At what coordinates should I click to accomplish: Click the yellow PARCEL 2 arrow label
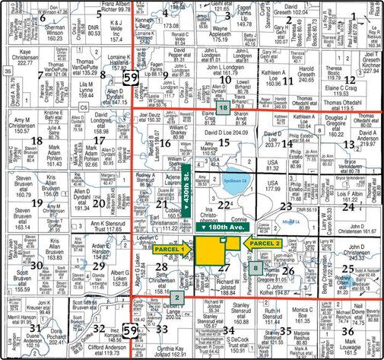[x=264, y=243]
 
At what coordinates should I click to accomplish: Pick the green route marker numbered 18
[x=223, y=110]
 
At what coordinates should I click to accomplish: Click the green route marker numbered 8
[x=255, y=267]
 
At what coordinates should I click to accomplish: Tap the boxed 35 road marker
[x=7, y=71]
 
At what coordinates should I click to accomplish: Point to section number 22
[x=222, y=205]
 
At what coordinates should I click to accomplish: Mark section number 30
[x=35, y=264]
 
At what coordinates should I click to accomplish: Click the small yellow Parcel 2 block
[x=223, y=241]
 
